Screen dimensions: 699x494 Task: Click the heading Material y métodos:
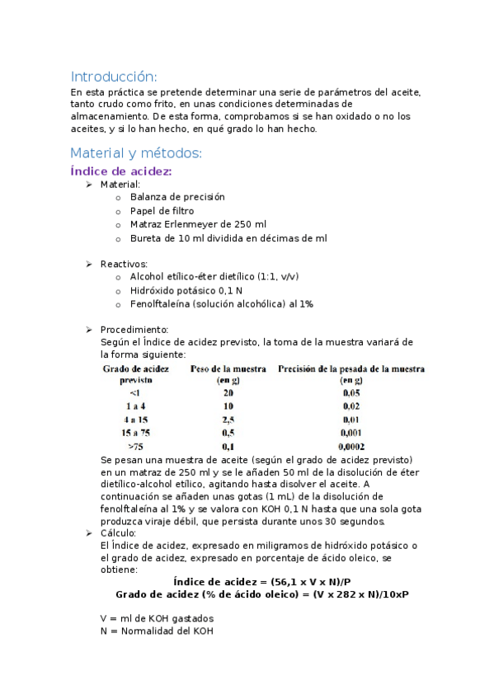pyautogui.click(x=135, y=152)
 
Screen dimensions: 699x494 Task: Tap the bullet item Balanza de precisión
pyautogui.click(x=176, y=197)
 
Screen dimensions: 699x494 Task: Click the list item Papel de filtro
pyautogui.click(x=162, y=210)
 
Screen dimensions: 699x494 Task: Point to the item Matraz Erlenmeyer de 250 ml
pyautogui.click(x=198, y=224)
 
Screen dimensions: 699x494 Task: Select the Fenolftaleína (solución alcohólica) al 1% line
pyautogui.click(x=221, y=303)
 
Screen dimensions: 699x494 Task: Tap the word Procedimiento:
pyautogui.click(x=134, y=330)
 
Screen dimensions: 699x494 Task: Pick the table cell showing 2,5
pyautogui.click(x=228, y=420)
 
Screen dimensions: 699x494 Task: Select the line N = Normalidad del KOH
pyautogui.click(x=155, y=631)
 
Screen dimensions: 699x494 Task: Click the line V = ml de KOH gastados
pyautogui.click(x=156, y=618)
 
